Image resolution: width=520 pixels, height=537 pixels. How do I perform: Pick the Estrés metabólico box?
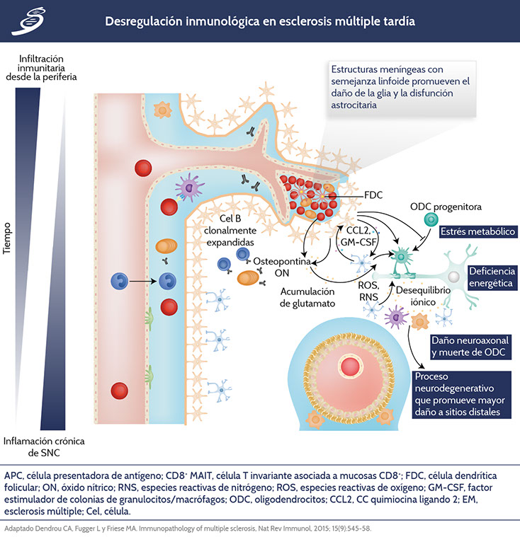[476, 231]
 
